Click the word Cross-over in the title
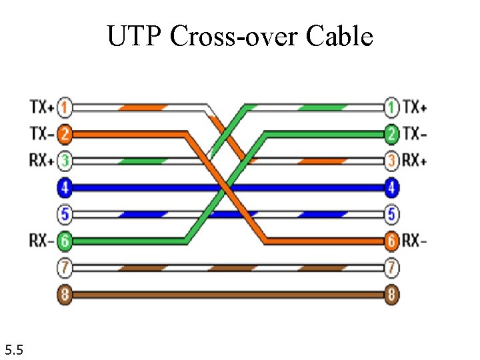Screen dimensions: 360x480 tap(234, 37)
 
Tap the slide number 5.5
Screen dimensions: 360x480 tap(15, 348)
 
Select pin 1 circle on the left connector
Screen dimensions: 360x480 tap(65, 107)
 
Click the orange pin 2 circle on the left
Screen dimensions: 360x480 tap(65, 134)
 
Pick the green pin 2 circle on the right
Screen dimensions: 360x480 tap(392, 134)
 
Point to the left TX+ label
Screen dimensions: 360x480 tap(41, 107)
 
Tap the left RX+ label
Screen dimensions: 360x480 tap(41, 161)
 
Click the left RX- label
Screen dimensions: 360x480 tap(41, 241)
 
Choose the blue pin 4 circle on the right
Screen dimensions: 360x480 tap(392, 188)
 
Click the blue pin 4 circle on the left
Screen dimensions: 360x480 tap(65, 188)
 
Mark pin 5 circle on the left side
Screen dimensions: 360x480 tap(65, 215)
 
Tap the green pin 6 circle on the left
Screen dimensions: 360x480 tap(65, 241)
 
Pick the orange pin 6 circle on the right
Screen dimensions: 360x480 tap(392, 241)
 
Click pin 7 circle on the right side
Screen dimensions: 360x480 tap(392, 268)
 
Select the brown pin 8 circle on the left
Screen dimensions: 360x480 tap(65, 295)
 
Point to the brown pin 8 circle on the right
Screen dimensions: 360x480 tap(392, 295)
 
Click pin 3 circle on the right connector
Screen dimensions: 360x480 tap(392, 161)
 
